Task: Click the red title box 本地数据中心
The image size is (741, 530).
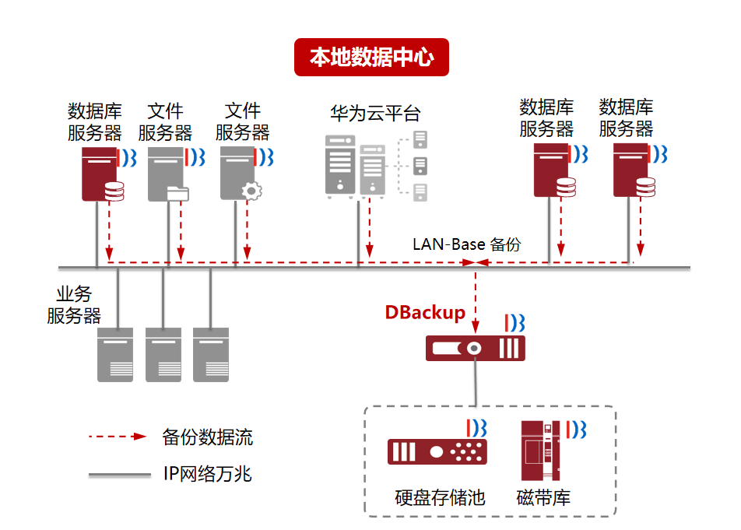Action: pos(371,58)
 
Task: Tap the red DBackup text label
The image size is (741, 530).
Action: pos(425,313)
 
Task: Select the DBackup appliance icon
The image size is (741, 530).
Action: pos(475,348)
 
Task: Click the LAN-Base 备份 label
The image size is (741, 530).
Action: pos(466,244)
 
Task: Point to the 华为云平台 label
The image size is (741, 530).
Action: pos(375,114)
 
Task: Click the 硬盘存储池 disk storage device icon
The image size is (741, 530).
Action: pos(437,451)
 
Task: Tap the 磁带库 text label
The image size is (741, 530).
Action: pos(543,497)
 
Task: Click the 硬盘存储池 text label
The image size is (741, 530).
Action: pos(440,497)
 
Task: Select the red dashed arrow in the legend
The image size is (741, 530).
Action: pos(118,437)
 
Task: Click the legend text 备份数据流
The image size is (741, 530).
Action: pos(207,437)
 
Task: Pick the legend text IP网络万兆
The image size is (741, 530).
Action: pos(207,473)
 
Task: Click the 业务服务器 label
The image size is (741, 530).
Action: pos(74,305)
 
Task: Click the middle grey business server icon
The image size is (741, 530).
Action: pos(163,354)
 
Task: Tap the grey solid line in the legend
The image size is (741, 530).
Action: pos(119,474)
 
